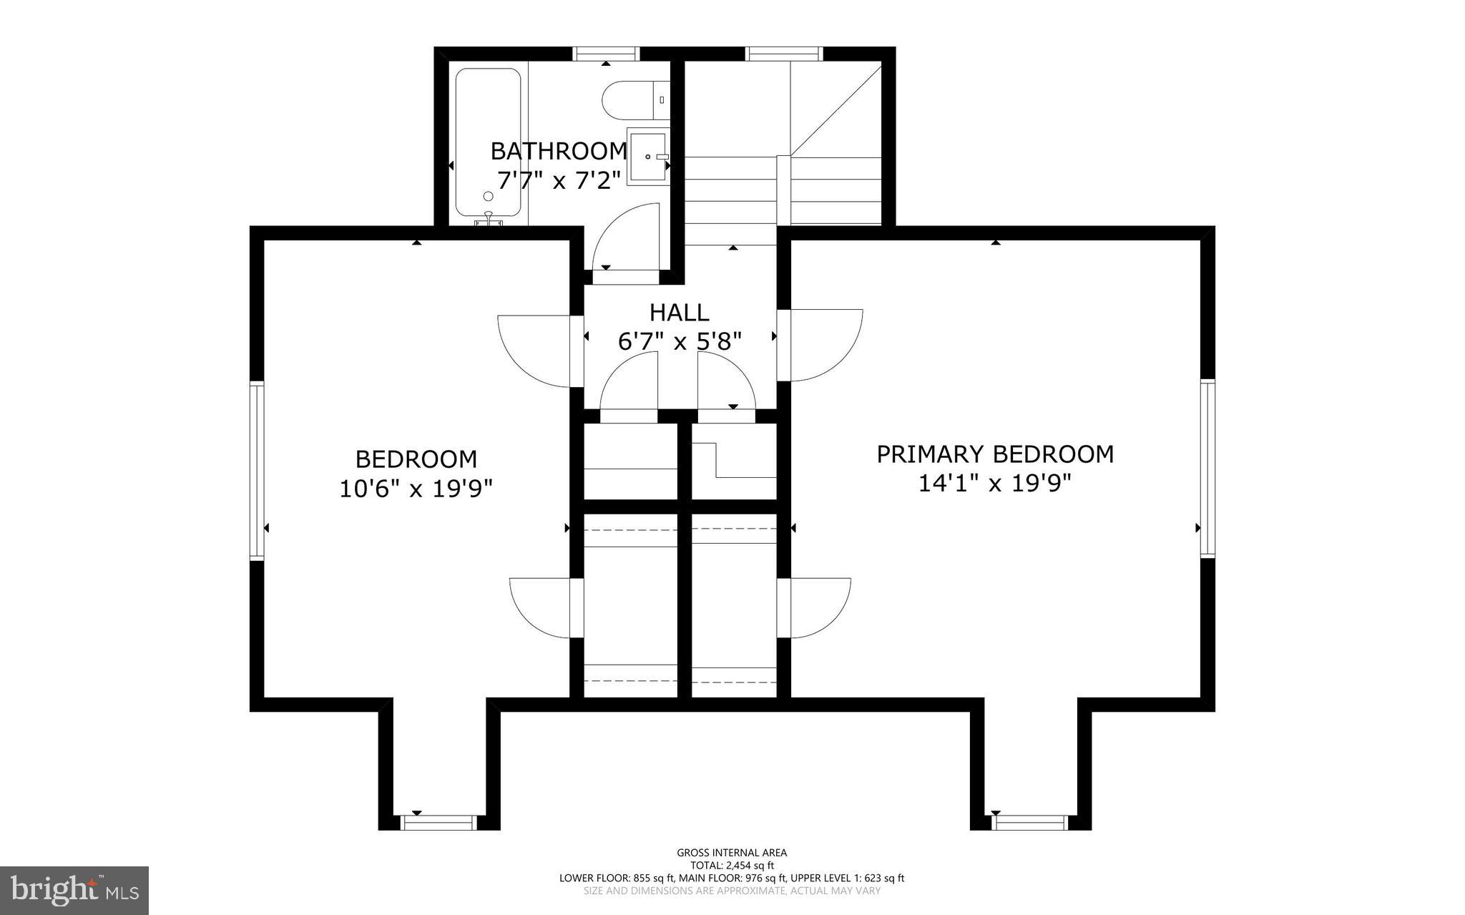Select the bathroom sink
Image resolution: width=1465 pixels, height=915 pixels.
[647, 157]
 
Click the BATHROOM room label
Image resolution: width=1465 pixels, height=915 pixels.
[558, 151]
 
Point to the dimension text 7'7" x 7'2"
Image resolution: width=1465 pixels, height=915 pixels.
[558, 180]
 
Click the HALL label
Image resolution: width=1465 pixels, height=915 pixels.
[679, 313]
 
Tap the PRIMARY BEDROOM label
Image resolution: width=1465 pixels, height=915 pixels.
[995, 454]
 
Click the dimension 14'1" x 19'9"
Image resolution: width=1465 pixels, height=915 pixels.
[995, 484]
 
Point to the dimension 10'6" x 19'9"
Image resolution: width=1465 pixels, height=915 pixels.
[416, 489]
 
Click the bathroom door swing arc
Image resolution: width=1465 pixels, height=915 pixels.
[624, 236]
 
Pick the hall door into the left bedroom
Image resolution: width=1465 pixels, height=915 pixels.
[536, 351]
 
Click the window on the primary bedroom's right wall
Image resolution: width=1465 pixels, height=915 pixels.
[1207, 469]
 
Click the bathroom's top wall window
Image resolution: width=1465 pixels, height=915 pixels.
[606, 54]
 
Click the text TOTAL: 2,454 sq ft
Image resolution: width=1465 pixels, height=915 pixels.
[732, 865]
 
